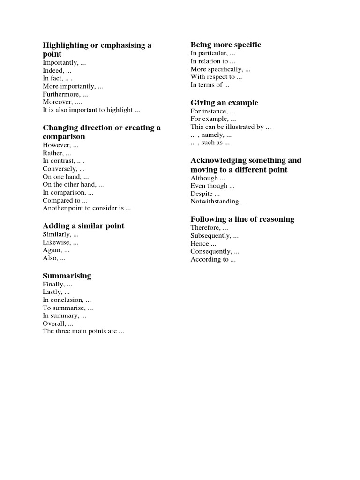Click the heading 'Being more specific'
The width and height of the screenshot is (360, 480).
point(225,45)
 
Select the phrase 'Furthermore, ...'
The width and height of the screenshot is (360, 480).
point(65,94)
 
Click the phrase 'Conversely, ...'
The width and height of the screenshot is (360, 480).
point(64,169)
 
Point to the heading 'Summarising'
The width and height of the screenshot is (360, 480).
point(67,276)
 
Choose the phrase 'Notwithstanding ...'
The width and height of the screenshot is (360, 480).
point(218,202)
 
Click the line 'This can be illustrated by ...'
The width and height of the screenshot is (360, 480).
point(231,127)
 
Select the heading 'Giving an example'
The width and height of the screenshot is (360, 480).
point(224,103)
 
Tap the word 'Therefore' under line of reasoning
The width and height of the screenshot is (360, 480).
point(205,228)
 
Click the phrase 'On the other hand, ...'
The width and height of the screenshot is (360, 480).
point(73,185)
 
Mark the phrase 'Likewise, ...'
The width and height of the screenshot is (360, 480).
point(60,242)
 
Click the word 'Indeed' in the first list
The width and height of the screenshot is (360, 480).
point(53,70)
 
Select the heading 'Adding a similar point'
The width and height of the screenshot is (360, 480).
point(83,226)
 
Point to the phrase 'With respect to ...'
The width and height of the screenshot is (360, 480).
point(216,77)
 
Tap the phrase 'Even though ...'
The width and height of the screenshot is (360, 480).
point(212,186)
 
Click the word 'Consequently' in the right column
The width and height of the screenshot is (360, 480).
point(211,251)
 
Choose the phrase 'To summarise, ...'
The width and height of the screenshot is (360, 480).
point(68,308)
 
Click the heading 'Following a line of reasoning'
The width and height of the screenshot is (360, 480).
point(242,219)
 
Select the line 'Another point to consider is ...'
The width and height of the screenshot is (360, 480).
point(87,208)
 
